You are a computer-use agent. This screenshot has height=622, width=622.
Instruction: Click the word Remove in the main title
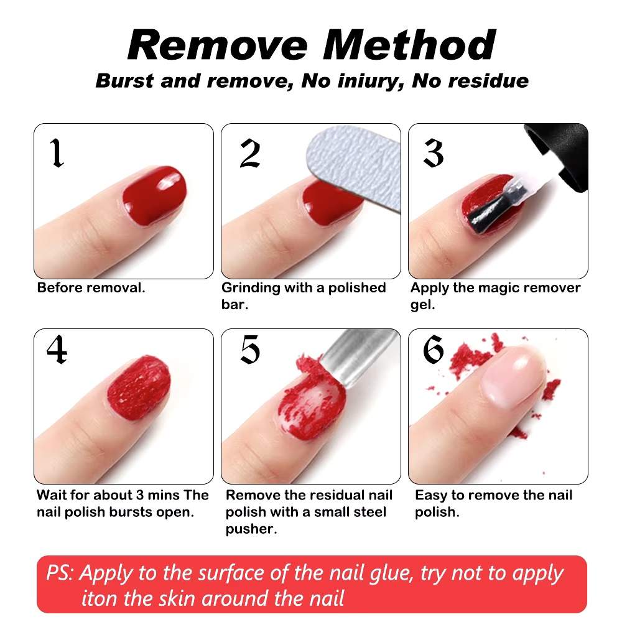point(217,45)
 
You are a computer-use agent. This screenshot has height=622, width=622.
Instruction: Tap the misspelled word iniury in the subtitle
point(371,81)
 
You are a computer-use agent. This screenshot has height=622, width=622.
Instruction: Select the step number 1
point(57,153)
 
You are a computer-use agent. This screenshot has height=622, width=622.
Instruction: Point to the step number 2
point(250,154)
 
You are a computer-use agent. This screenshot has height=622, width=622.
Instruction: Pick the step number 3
point(433,154)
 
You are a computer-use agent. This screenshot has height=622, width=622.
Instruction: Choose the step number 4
point(57,349)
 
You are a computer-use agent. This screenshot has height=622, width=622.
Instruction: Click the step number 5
point(250,349)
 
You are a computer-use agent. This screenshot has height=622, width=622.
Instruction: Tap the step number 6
point(433,349)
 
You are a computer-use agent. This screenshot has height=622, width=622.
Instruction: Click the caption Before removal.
point(91,288)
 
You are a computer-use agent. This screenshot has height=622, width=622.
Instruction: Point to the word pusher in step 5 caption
point(251,529)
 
